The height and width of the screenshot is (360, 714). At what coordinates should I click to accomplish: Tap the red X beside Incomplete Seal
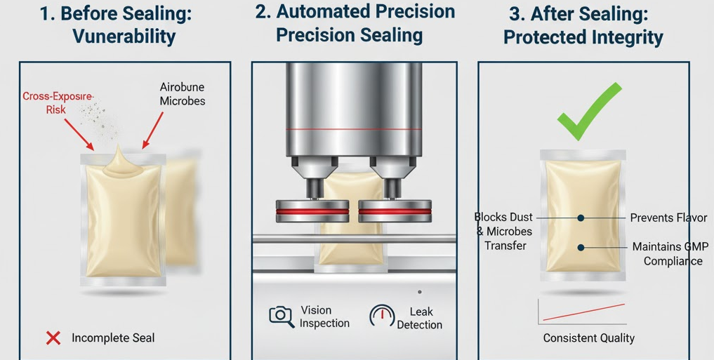click(x=53, y=338)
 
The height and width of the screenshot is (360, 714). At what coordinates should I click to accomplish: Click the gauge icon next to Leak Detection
click(x=382, y=315)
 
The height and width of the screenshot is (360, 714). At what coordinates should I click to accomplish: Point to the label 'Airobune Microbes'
click(x=182, y=94)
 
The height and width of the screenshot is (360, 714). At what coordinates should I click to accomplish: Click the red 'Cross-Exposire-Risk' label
click(x=58, y=103)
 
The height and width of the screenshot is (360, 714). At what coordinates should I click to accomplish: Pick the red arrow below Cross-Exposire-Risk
click(x=79, y=134)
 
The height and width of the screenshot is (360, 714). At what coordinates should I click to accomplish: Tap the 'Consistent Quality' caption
click(x=589, y=338)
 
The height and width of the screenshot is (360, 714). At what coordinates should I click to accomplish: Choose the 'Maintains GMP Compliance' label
click(x=670, y=254)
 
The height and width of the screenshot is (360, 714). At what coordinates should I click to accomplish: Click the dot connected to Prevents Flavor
click(x=581, y=218)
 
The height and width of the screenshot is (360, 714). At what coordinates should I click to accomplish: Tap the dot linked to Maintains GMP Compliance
click(x=581, y=248)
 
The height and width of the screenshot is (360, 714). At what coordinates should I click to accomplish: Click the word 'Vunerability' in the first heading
click(x=124, y=36)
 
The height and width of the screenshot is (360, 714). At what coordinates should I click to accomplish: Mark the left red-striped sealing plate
click(x=312, y=212)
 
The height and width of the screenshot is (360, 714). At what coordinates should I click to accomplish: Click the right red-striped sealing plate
click(x=395, y=212)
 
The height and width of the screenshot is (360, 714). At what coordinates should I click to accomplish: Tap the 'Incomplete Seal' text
click(x=113, y=338)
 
